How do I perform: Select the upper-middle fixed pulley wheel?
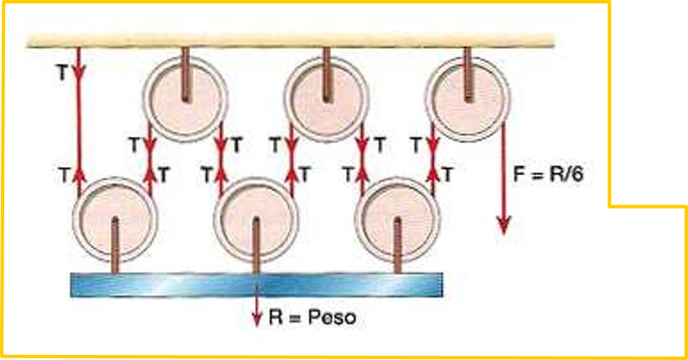[x=326, y=93]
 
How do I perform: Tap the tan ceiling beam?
[x=291, y=40]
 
